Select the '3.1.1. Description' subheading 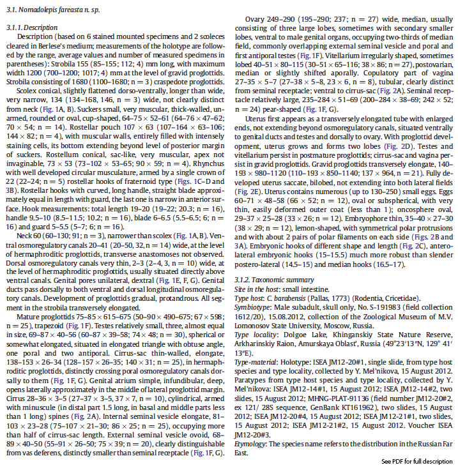(x=30, y=28)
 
